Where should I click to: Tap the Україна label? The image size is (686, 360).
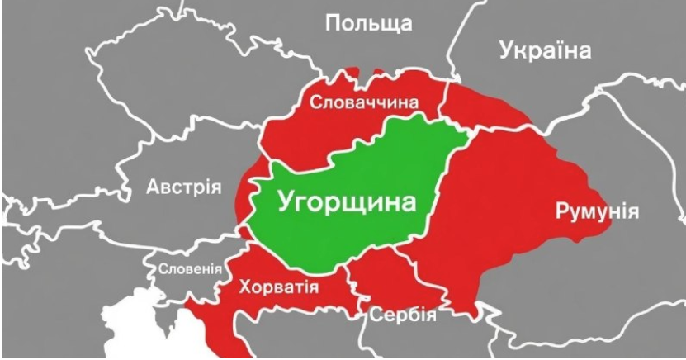[x=545, y=50]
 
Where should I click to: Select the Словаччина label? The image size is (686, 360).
[x=364, y=102]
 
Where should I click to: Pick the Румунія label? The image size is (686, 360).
[x=597, y=211]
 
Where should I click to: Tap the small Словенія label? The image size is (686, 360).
[x=190, y=268]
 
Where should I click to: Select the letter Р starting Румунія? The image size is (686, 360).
[x=562, y=211]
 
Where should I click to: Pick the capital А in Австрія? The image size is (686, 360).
[x=154, y=187]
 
